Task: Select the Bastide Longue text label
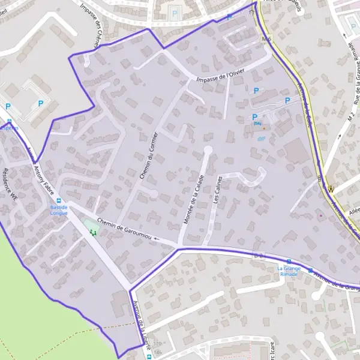click(59, 209)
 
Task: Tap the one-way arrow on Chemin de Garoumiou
click(157, 238)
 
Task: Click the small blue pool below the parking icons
click(260, 139)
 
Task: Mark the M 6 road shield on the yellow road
click(267, 39)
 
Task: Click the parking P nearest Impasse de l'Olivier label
click(256, 91)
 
